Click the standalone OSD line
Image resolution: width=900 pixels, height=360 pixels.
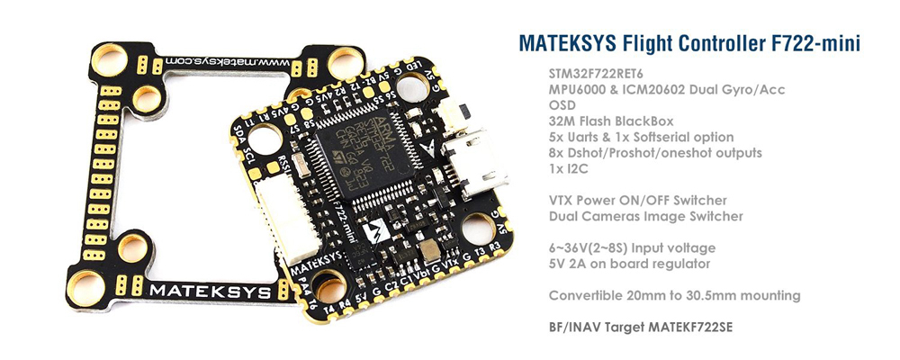561,105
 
